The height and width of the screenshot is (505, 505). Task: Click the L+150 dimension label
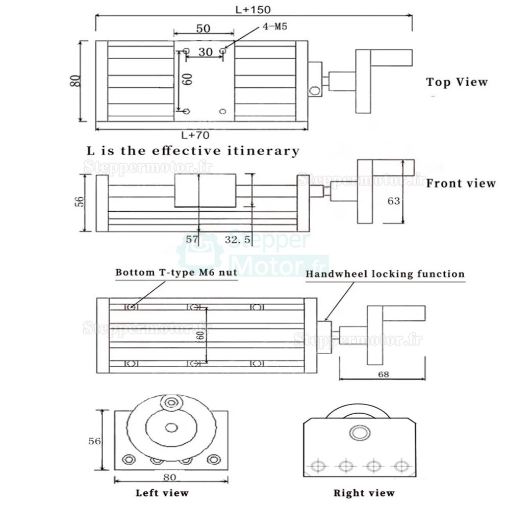254,9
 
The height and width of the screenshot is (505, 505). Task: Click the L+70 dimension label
195,135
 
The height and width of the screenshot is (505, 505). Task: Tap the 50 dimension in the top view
204,29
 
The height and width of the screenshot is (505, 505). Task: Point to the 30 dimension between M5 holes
206,52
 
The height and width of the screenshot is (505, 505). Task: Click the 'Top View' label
457,82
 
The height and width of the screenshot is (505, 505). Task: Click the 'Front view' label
461,183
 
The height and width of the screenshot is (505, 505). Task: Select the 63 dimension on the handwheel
393,201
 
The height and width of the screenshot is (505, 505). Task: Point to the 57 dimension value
192,239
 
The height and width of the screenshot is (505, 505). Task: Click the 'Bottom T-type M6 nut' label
176,272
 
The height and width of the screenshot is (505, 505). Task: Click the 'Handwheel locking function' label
385,274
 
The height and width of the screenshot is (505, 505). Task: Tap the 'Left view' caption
162,493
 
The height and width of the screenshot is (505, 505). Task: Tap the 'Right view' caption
364,493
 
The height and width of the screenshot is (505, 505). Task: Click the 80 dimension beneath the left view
170,477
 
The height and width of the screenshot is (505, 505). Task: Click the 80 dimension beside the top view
75,81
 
